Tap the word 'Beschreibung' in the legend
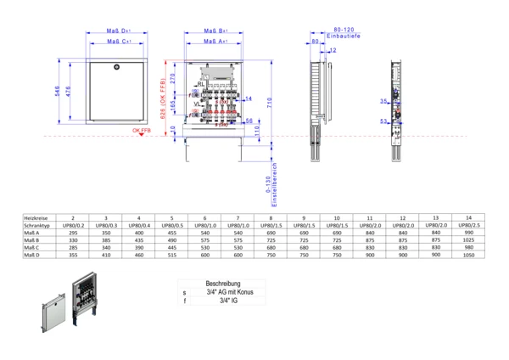[223, 284]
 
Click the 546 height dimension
[59, 92]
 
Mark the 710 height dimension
[269, 101]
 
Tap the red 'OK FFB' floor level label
[141, 131]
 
